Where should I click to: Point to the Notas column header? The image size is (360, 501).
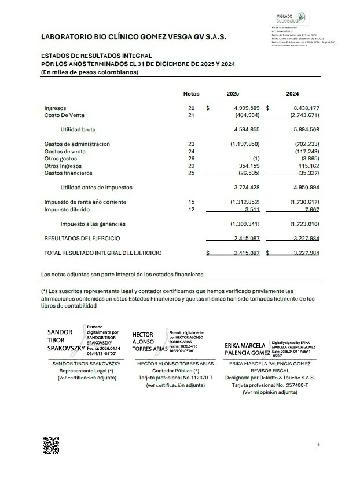point(191,93)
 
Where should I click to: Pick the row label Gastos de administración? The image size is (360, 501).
point(77,144)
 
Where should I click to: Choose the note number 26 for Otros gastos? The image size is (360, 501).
point(191,159)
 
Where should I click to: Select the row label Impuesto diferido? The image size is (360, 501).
point(68,209)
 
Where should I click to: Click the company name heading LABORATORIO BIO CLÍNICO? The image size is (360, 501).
point(134,36)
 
